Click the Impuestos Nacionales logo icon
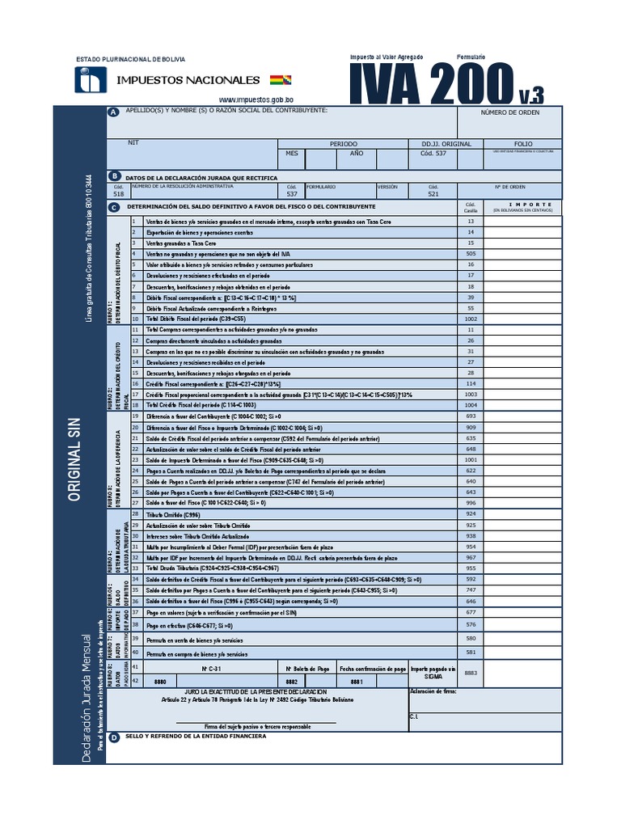91,80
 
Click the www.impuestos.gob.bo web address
256,99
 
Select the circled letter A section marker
113,112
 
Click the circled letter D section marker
113,737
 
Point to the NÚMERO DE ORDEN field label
509,112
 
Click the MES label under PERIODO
292,153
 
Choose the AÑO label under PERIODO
356,153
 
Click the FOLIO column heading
522,143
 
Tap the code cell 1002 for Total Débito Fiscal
471,319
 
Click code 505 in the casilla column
471,253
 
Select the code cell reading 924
471,514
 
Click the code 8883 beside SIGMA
471,673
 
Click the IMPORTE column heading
530,205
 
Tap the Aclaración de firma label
433,692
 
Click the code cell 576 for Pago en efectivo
471,625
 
